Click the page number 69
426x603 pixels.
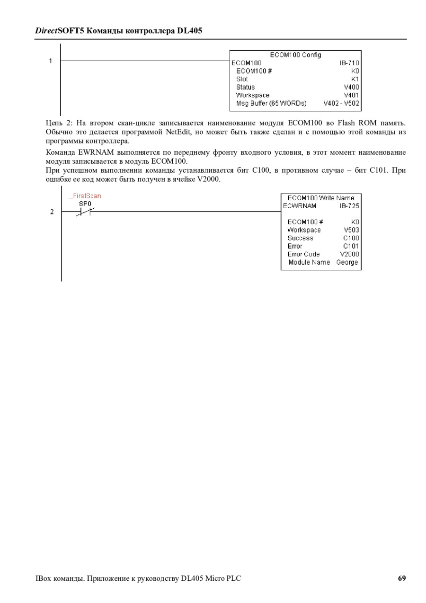402,578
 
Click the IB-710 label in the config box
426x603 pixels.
349,63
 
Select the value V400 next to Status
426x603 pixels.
351,87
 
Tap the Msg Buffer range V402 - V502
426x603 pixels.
341,103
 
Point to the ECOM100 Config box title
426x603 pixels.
295,55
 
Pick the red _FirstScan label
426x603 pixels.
85,195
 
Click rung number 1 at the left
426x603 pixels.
50,61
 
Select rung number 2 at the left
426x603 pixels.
52,212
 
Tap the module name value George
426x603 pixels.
347,262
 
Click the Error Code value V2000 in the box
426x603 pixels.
350,254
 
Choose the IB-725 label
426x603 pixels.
349,206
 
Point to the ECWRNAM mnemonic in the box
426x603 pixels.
300,206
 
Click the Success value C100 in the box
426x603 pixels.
351,238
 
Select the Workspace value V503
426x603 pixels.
351,230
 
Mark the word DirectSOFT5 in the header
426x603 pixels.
60,31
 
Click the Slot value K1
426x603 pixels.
355,79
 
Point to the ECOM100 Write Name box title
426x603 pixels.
321,198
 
